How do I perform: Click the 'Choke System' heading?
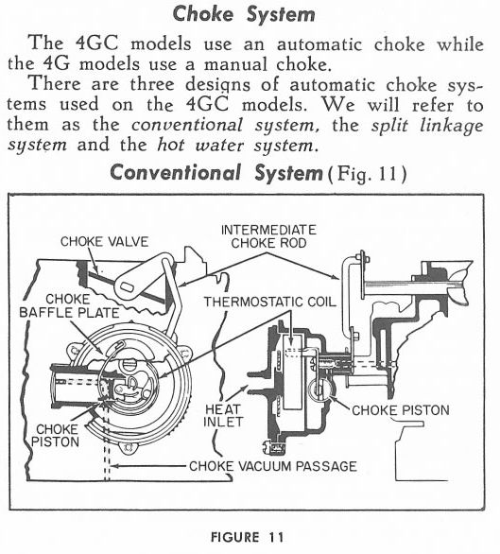coord(244,14)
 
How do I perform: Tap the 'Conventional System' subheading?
coord(216,173)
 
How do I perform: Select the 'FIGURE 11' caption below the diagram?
coord(248,537)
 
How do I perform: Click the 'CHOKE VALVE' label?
coord(104,242)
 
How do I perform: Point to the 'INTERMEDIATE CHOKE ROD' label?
coord(268,236)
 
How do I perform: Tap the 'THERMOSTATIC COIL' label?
coord(269,303)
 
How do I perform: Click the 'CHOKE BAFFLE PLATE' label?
coord(69,306)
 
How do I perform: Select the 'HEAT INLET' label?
coord(223,416)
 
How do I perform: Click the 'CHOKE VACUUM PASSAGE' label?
coord(273,466)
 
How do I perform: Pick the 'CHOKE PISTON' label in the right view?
coord(401,410)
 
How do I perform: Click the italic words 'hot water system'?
coord(234,146)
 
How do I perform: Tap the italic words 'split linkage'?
coord(427,126)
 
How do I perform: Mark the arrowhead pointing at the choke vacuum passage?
coord(114,466)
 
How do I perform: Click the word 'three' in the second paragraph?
coord(152,85)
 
